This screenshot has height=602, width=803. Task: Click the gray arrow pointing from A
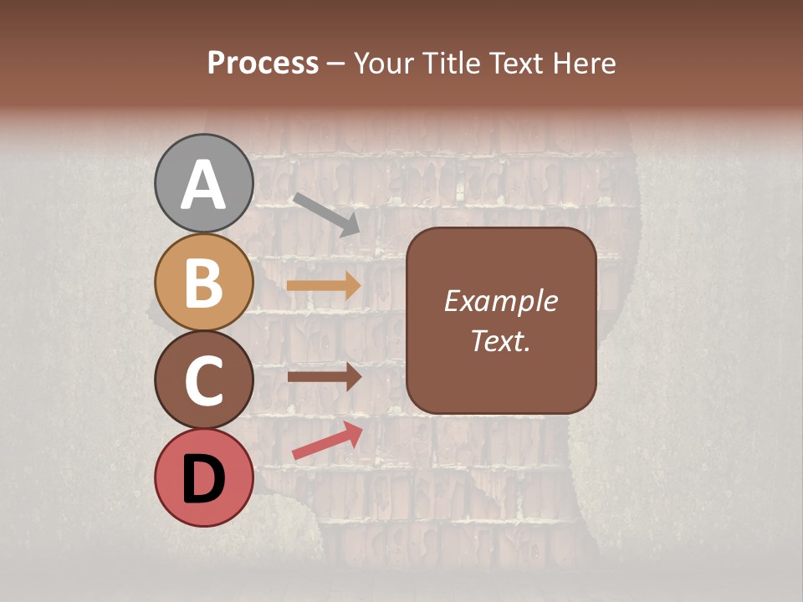(325, 213)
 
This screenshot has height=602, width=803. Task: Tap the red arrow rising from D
(327, 441)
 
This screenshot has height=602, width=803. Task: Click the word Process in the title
(263, 64)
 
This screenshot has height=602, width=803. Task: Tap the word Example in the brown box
(500, 301)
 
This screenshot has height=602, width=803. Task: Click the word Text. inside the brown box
(500, 340)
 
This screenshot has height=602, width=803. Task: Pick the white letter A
(203, 185)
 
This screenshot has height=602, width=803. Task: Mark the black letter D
(203, 479)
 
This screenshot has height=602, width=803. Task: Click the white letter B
(203, 283)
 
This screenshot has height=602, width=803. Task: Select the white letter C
(203, 380)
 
